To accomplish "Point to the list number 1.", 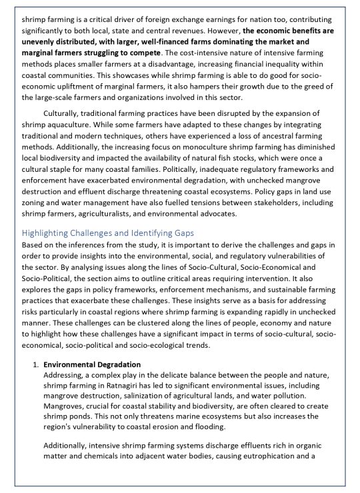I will pyautogui.click(x=35, y=364).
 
